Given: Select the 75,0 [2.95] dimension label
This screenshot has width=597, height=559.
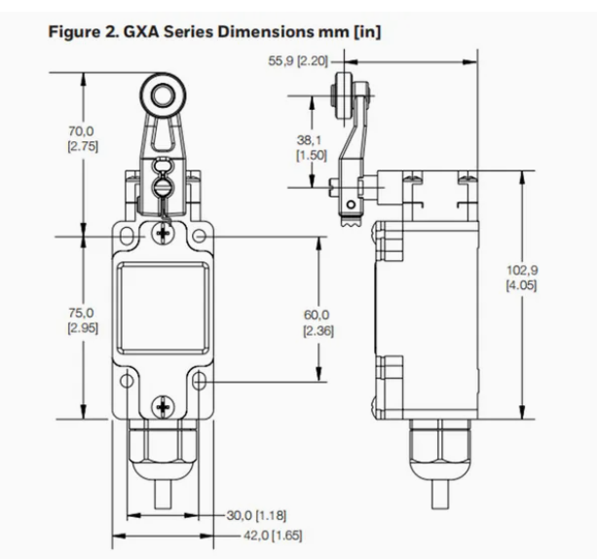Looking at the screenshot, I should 81,320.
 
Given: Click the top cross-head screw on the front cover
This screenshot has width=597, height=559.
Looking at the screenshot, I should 162,233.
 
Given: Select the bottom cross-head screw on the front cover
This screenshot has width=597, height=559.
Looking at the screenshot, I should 162,400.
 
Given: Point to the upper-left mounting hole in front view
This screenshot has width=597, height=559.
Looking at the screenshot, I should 126,236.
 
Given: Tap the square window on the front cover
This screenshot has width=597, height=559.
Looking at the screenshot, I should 162,307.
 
